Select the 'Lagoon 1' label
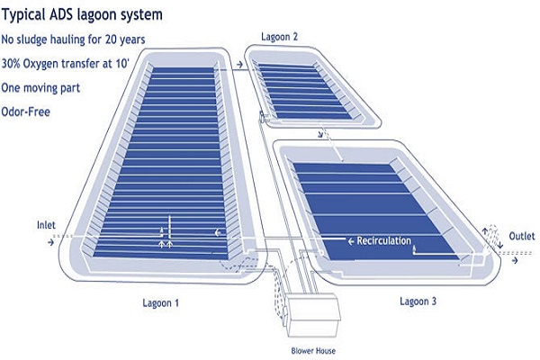click(163, 302)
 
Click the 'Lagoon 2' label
click(279, 37)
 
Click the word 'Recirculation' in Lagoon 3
click(383, 241)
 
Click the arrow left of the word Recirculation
click(350, 241)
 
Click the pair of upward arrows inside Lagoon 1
click(166, 242)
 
